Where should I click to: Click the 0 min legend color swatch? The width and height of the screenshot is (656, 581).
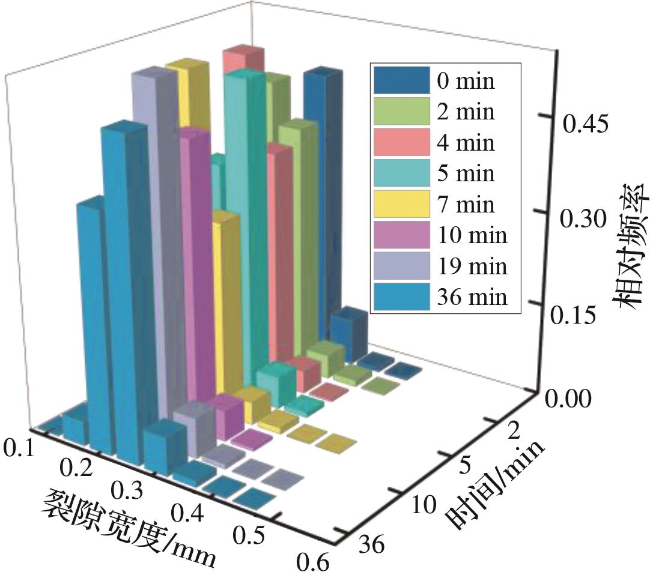point(401,80)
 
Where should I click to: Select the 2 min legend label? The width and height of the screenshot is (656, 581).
point(466,112)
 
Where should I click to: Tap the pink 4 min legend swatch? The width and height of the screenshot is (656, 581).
point(401,143)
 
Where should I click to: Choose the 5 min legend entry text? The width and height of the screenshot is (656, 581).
point(466,173)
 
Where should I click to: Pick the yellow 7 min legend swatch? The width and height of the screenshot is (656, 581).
point(401,204)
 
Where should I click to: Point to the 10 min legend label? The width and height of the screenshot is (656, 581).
point(472,235)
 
